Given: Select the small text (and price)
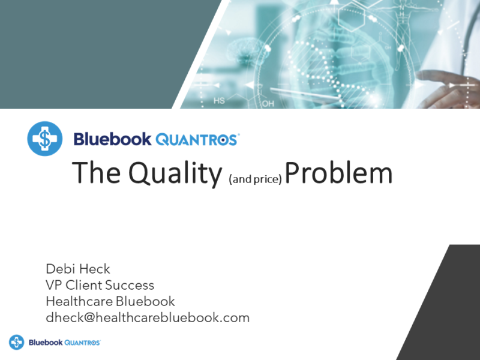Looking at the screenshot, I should pyautogui.click(x=256, y=178).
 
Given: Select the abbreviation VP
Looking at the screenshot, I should pyautogui.click(x=53, y=284).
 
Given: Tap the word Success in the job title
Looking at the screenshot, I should pyautogui.click(x=130, y=284).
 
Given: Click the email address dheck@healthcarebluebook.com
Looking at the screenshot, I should pyautogui.click(x=148, y=317).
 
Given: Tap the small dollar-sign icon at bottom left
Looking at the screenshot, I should pyautogui.click(x=16, y=342).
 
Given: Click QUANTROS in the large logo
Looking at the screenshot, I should pyautogui.click(x=197, y=139).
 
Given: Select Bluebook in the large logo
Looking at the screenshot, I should pyautogui.click(x=112, y=139).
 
